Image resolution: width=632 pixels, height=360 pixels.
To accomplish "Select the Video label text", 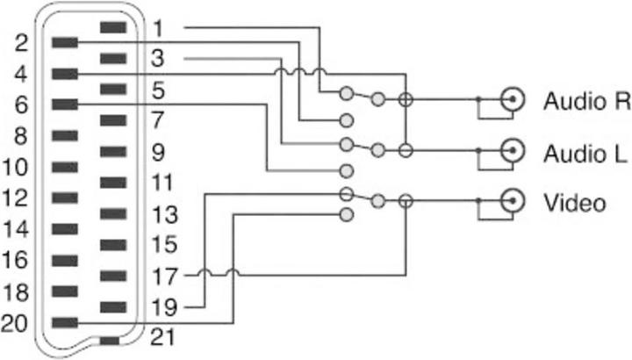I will [575, 204].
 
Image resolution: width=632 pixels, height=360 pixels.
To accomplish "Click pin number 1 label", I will [158, 28].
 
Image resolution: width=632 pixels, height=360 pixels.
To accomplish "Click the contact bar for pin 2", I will [66, 42].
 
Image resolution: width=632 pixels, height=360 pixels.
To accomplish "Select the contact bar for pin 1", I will [113, 27].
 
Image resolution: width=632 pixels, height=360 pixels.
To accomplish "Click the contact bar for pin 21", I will [110, 341].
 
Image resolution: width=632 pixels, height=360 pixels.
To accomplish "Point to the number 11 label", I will [162, 184].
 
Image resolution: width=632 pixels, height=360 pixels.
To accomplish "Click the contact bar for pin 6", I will [66, 104].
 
